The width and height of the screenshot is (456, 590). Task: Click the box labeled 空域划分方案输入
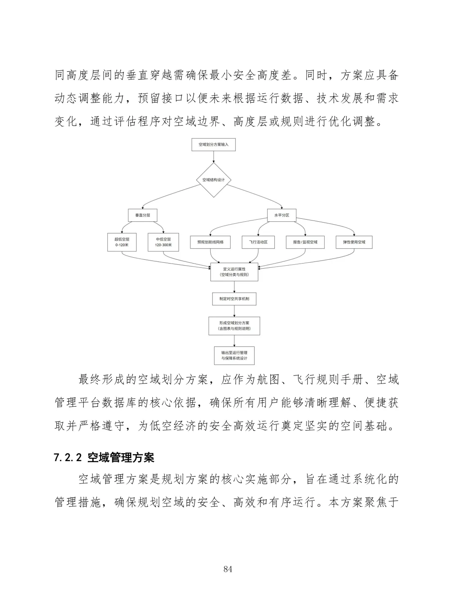coord(213,144)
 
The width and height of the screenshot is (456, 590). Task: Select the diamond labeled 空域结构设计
coord(213,179)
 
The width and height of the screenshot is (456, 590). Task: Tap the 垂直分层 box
coord(143,215)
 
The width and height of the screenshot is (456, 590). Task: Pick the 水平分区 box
coord(282,215)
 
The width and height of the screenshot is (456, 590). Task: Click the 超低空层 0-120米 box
coord(122,242)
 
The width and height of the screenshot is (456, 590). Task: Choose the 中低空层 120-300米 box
coord(163,242)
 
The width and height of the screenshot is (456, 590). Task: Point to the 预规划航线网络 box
coord(211,242)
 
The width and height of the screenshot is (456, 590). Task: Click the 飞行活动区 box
coord(258,242)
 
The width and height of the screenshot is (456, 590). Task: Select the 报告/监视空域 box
coord(305,242)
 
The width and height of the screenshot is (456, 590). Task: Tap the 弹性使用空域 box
coord(354,242)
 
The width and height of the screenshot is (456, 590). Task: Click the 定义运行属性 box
coord(234,272)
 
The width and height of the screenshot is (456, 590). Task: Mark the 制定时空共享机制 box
coord(234,299)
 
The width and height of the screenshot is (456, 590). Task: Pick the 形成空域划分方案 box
coord(234,326)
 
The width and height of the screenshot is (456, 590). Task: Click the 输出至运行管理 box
coord(234,355)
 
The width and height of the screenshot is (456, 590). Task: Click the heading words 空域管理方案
coord(121,458)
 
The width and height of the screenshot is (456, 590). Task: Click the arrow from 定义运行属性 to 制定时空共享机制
coord(234,287)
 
